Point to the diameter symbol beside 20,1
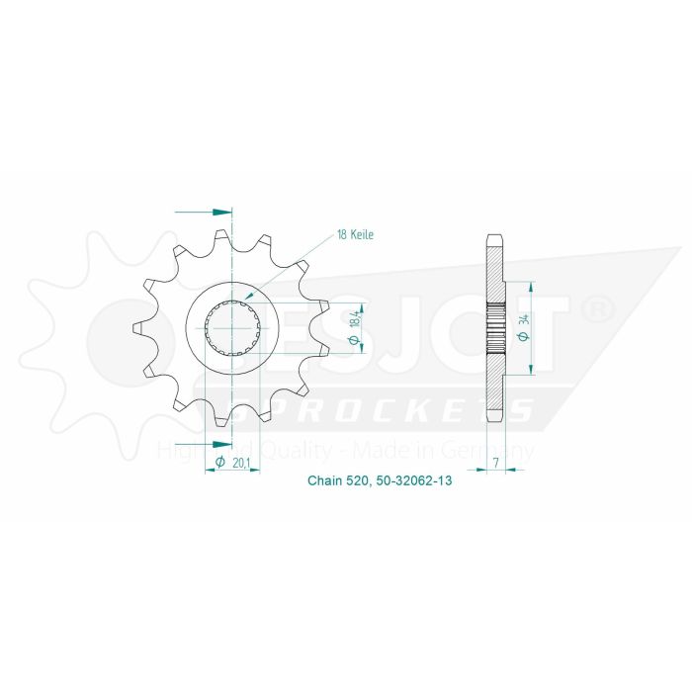tap(218, 463)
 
